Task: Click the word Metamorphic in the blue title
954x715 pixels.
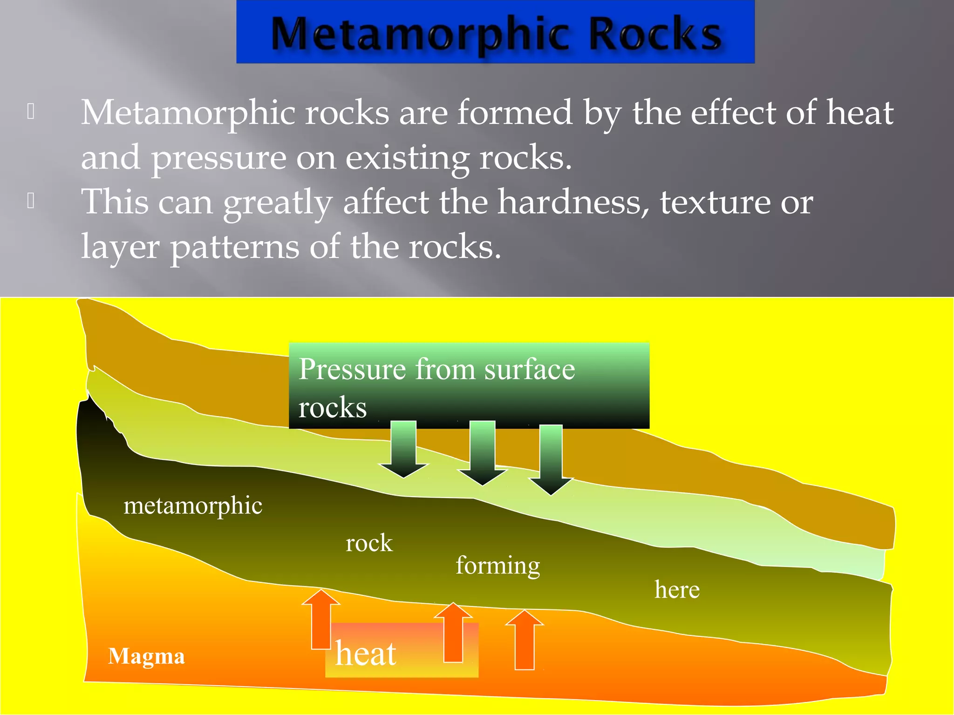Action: (x=419, y=34)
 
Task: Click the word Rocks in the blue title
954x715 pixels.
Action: (x=655, y=34)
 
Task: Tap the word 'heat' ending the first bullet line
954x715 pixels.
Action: (x=859, y=113)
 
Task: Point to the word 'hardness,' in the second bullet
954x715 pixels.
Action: (x=573, y=202)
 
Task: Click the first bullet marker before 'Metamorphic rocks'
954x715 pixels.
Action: (x=31, y=111)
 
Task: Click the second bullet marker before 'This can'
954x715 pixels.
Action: (x=31, y=201)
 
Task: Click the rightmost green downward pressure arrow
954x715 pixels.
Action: (x=551, y=459)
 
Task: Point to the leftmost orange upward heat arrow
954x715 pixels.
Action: (x=321, y=619)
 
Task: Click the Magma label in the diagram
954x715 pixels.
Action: (x=146, y=656)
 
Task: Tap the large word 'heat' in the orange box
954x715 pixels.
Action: (x=366, y=654)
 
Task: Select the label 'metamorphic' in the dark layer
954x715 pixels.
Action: (x=193, y=506)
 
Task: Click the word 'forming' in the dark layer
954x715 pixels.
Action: (x=497, y=566)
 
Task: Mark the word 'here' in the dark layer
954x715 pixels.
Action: (x=676, y=590)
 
